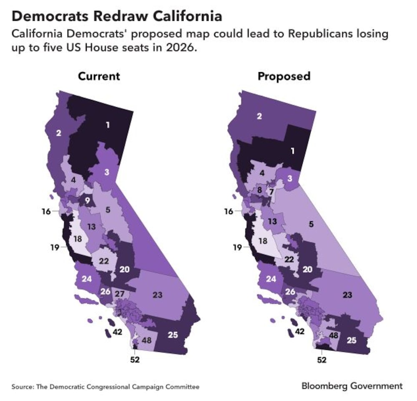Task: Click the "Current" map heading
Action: (99, 77)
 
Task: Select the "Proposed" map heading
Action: (284, 77)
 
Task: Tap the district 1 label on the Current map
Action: (108, 124)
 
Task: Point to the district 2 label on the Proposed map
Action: (259, 116)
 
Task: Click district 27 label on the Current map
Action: (120, 294)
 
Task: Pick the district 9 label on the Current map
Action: (88, 200)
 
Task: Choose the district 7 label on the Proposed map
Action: (271, 192)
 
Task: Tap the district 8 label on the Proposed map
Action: (259, 191)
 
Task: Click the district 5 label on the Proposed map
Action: (311, 224)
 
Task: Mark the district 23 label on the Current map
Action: (157, 295)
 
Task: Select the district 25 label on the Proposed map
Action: (352, 341)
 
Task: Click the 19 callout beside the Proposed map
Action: (237, 248)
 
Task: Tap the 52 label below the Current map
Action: (134, 359)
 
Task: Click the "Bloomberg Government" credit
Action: (352, 386)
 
